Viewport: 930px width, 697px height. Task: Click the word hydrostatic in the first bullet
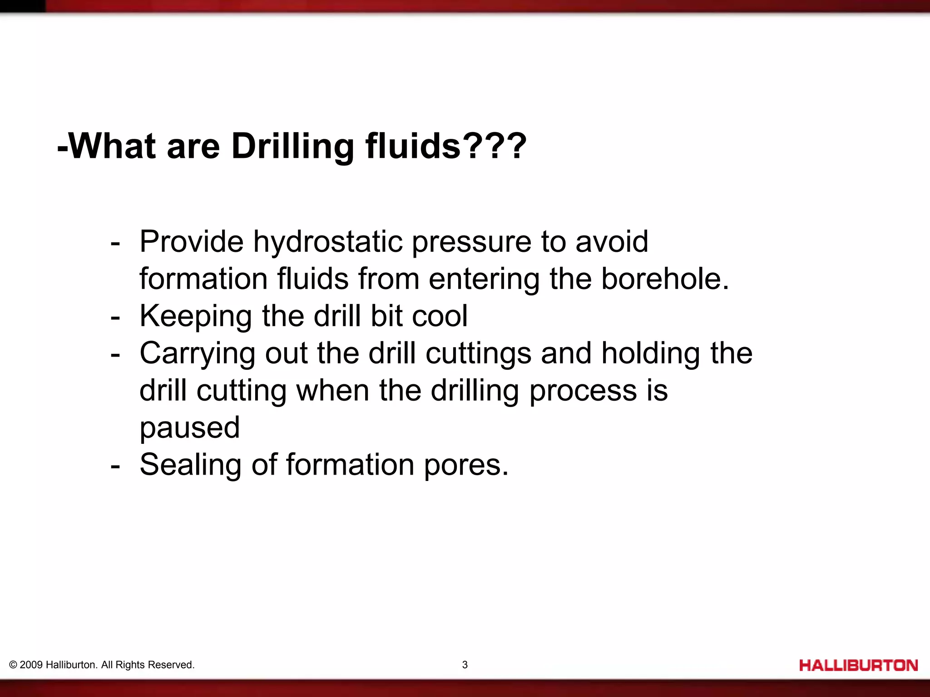point(327,242)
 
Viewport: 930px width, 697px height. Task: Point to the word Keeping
point(195,317)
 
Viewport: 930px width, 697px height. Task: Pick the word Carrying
point(197,354)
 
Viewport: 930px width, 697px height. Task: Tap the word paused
point(189,428)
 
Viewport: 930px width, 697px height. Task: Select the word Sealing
point(190,466)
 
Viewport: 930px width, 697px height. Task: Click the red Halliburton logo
point(858,666)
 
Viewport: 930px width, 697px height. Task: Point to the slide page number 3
point(465,665)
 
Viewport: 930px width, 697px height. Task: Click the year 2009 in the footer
point(31,665)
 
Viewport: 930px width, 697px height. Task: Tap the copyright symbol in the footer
point(13,665)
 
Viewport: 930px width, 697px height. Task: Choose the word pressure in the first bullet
point(471,242)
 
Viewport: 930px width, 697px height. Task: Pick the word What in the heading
point(113,146)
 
